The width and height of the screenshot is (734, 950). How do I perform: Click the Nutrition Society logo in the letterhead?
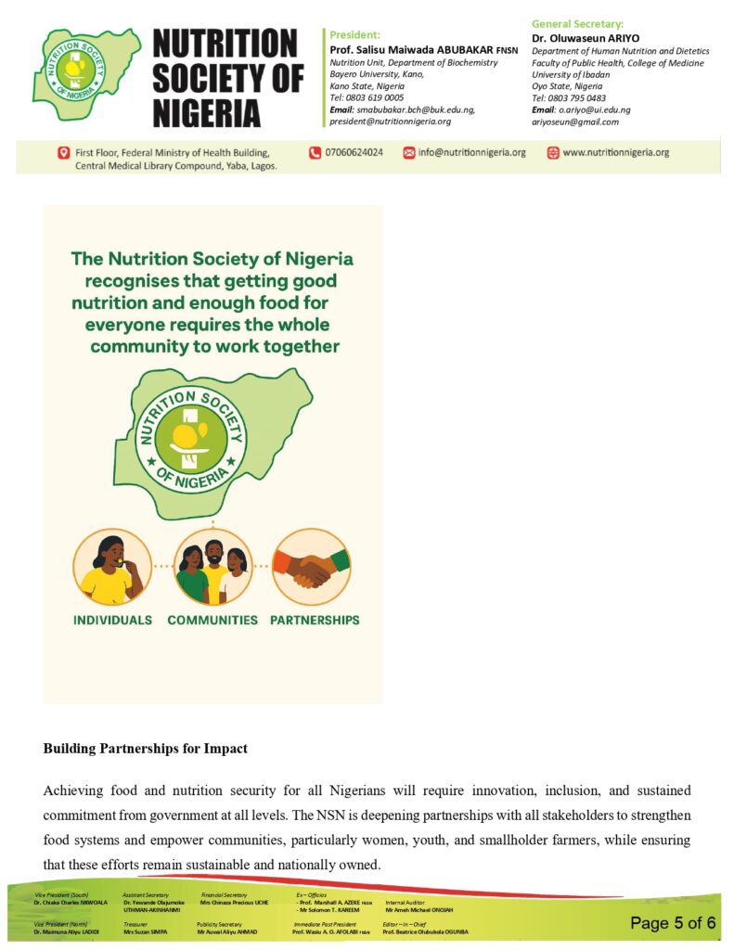click(85, 73)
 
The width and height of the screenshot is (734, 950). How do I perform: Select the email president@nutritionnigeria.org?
click(391, 121)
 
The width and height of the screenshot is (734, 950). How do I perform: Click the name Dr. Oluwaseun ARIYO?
click(586, 38)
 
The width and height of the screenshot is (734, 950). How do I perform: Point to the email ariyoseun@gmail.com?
click(575, 122)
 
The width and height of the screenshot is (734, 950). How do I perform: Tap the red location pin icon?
click(63, 153)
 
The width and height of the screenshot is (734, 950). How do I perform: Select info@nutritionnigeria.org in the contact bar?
click(471, 152)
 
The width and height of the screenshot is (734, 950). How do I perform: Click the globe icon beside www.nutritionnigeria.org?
click(553, 153)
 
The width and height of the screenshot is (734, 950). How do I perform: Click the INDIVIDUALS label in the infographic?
click(111, 620)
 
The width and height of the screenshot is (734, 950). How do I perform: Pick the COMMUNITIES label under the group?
click(212, 620)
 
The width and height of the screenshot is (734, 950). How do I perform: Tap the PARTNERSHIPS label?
click(315, 620)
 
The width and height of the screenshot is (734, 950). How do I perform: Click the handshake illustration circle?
click(311, 567)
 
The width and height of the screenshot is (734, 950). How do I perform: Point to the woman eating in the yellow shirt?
click(112, 568)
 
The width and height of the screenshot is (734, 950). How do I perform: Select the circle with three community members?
click(212, 567)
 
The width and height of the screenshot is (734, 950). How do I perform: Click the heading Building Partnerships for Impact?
click(145, 748)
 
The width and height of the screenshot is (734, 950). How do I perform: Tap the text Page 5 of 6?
click(673, 922)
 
